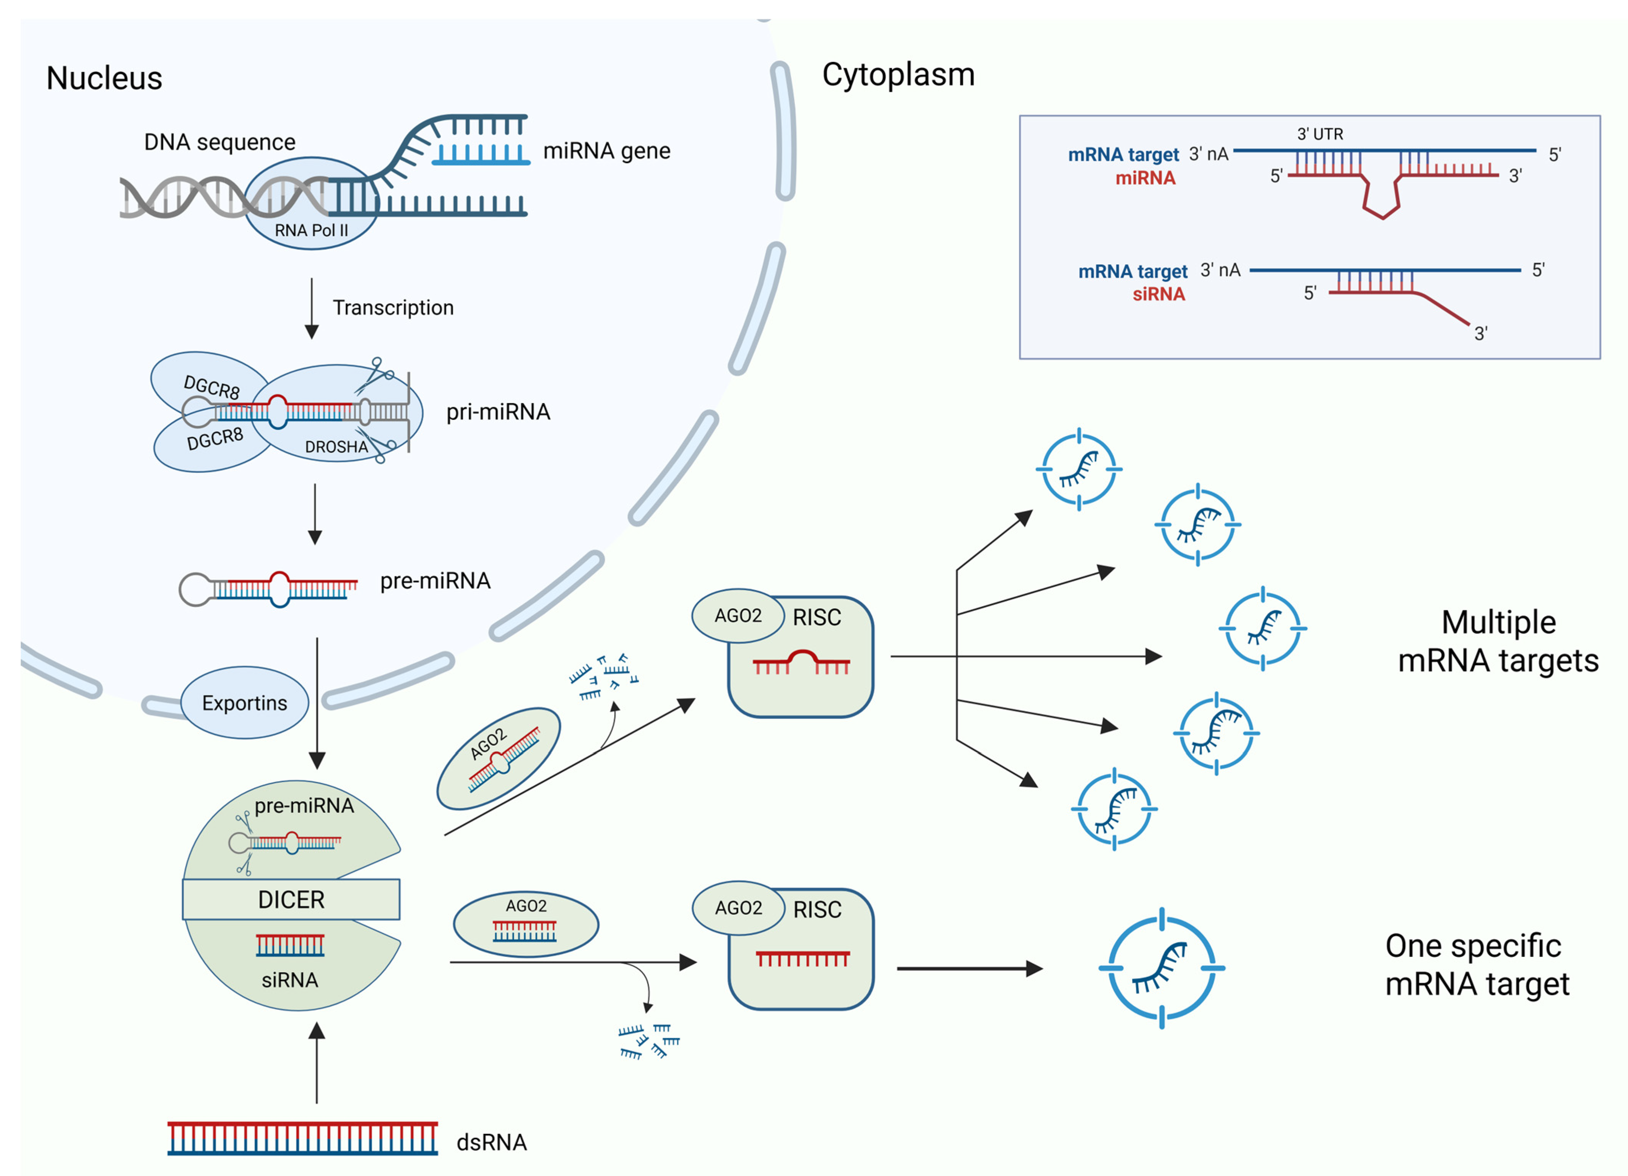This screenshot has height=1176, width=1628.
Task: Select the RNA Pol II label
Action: tap(312, 231)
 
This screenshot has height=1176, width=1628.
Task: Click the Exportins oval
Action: tap(245, 702)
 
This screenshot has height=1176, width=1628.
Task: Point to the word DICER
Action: tap(291, 899)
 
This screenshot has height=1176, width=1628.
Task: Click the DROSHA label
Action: tap(337, 447)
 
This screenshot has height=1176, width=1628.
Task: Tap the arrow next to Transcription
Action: tap(312, 309)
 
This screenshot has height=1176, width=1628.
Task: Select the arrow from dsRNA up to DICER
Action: tap(317, 1062)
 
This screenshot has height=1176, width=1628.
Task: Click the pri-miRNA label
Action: tap(498, 412)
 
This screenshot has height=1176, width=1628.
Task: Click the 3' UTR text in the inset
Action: tap(1320, 134)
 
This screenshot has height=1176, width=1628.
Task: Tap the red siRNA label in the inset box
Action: tap(1158, 294)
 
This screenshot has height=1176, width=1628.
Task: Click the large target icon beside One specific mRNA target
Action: tap(1162, 968)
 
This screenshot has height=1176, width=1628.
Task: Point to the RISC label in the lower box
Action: tap(817, 910)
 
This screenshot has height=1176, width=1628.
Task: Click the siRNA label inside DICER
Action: tap(289, 980)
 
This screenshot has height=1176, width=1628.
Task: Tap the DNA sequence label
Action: tap(219, 142)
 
